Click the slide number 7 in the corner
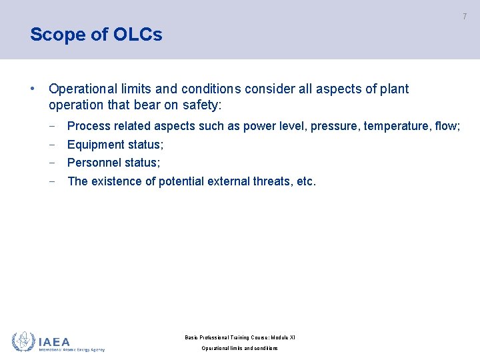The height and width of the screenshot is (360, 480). (465, 16)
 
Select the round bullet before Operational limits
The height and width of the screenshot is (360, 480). (32, 89)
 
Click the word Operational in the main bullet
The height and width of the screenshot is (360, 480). (81, 89)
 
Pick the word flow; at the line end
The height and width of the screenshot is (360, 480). (447, 126)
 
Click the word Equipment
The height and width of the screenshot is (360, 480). (95, 145)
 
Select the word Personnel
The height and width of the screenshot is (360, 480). (95, 163)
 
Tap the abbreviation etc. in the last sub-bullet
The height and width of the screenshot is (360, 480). (305, 181)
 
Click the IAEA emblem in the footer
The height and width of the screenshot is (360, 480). (23, 341)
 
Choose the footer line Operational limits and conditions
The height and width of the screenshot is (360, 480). (240, 348)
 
